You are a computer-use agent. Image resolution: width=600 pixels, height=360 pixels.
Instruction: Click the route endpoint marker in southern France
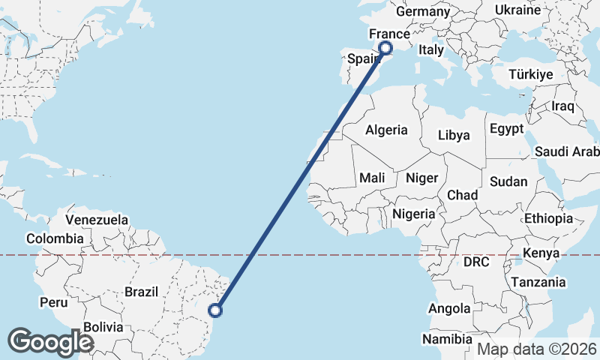(x=385, y=48)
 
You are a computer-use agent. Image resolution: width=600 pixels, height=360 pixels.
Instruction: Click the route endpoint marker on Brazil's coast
(x=216, y=310)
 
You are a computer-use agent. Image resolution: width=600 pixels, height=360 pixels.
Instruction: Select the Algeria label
(x=386, y=130)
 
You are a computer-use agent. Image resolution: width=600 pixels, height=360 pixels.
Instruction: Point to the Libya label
(x=454, y=136)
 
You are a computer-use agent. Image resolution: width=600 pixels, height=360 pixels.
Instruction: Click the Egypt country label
(x=506, y=129)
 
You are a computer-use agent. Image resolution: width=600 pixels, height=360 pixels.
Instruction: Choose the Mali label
(x=372, y=178)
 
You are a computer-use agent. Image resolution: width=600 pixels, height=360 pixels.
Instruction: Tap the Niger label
(x=421, y=178)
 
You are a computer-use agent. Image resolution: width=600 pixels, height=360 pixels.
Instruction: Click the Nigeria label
(x=413, y=214)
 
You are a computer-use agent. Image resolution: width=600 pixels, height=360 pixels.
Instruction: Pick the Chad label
(x=462, y=195)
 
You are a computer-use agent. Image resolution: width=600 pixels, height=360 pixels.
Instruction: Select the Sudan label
(x=508, y=181)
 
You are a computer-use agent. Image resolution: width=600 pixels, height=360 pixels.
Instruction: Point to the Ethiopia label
(x=548, y=218)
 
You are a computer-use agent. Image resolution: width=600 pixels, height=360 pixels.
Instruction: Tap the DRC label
(x=476, y=262)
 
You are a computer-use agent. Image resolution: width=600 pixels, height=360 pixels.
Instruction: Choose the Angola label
(x=449, y=308)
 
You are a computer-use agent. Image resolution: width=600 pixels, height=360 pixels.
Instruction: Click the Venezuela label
(x=97, y=220)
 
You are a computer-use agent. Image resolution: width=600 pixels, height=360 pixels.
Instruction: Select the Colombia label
(x=55, y=238)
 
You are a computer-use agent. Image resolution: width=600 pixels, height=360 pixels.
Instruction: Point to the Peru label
(x=54, y=303)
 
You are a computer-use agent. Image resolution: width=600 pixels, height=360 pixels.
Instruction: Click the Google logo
(x=51, y=341)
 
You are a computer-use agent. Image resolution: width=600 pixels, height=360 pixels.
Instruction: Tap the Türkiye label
(x=530, y=74)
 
